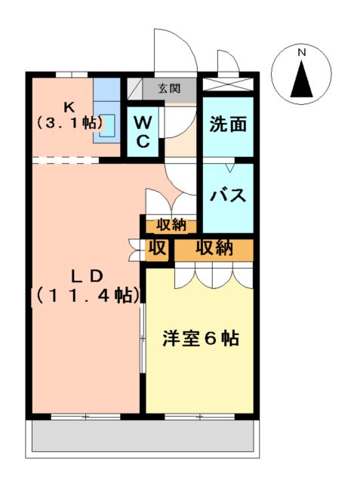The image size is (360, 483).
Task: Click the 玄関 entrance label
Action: pos(169,88)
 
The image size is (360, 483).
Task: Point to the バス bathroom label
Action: pos(228,195)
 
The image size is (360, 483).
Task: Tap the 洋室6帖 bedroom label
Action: pos(201,339)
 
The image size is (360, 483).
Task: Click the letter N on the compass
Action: pos(301,53)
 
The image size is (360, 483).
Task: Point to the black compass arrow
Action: pos(301,78)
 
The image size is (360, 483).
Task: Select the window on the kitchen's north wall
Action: pos(71,75)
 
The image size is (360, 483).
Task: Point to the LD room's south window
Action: pos(85,416)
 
